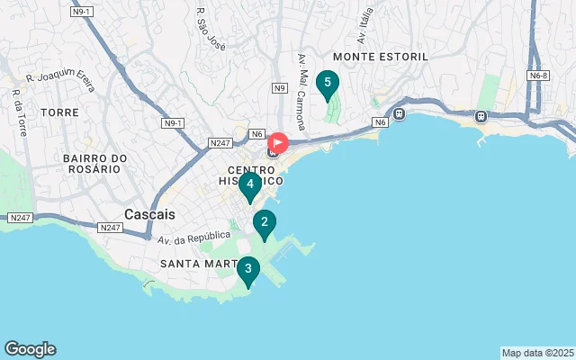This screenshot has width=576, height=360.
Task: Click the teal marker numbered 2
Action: click(264, 222)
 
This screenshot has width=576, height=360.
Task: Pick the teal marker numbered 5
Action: click(328, 84)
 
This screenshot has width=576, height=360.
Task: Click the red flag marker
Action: click(278, 143)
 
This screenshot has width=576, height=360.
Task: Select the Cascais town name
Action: click(149, 214)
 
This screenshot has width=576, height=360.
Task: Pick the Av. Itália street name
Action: click(364, 26)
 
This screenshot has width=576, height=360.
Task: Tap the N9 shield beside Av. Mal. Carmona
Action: click(280, 88)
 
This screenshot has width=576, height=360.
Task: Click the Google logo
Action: click(30, 349)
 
